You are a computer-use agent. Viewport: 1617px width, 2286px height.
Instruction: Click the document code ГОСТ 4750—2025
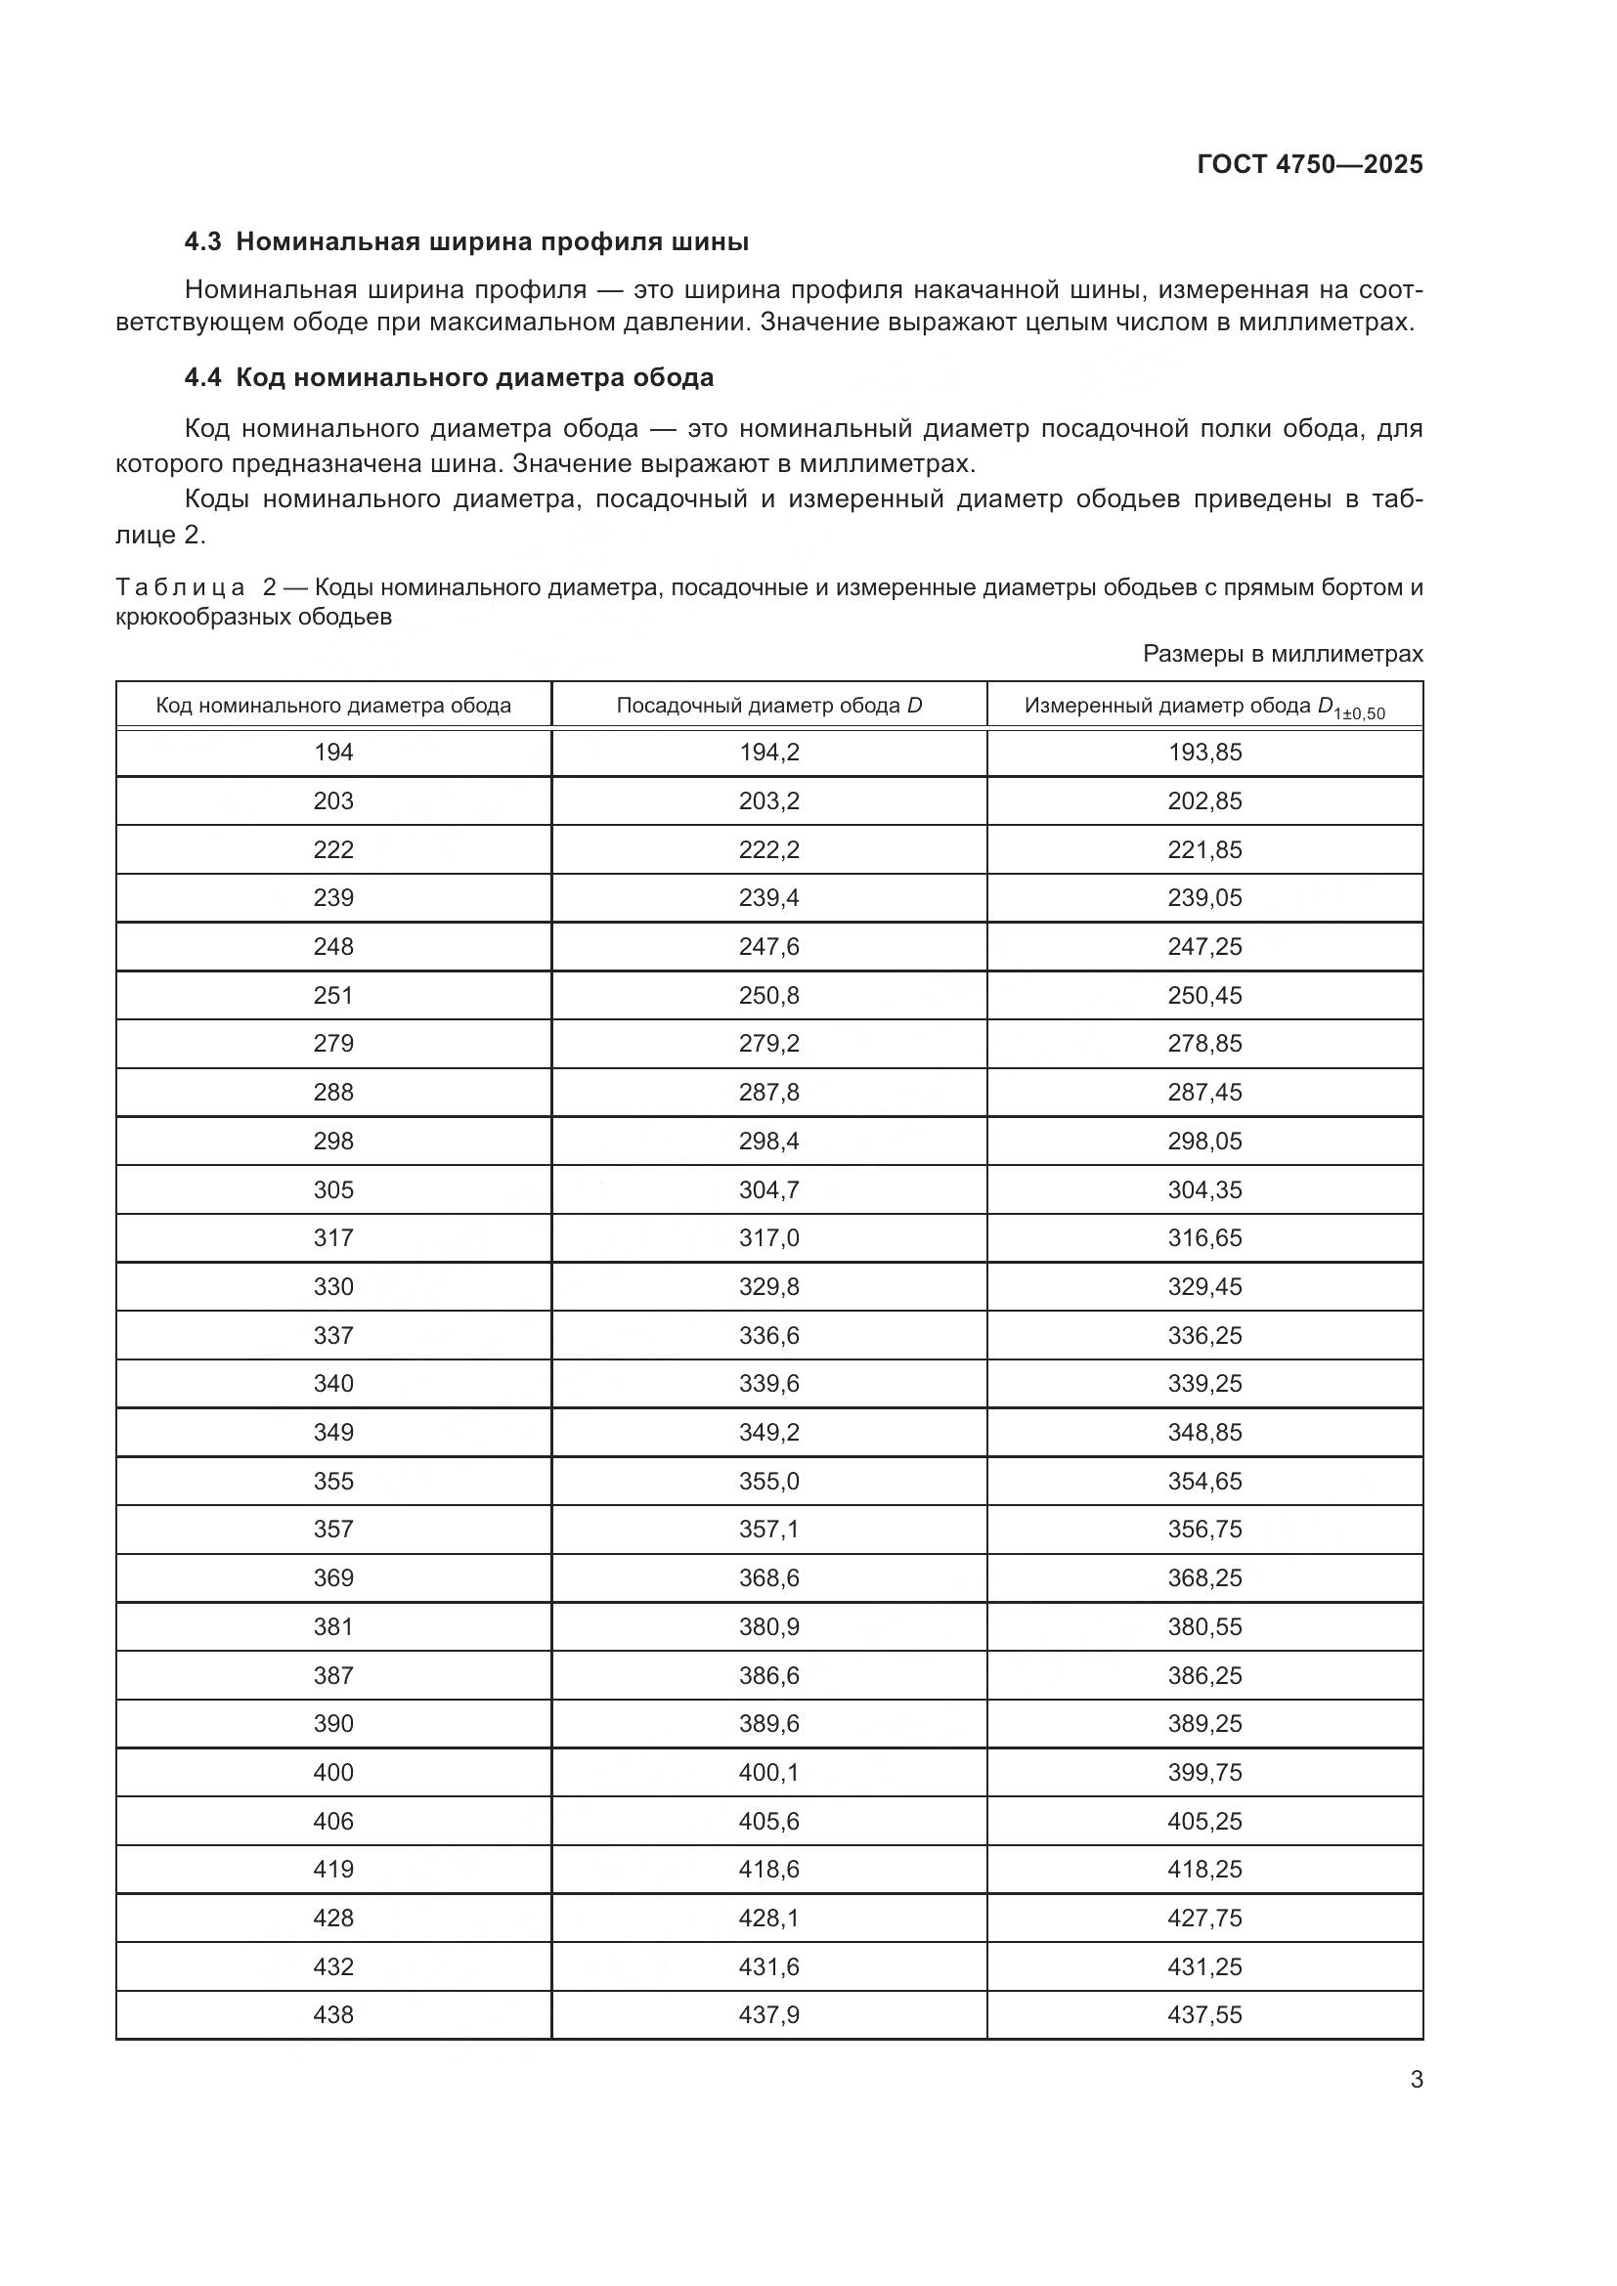point(1309,164)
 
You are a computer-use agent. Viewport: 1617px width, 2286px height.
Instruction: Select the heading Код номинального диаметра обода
point(475,378)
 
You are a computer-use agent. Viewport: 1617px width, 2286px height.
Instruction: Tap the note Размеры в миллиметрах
point(1283,654)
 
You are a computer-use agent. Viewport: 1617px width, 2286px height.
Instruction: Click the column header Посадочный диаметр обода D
point(768,706)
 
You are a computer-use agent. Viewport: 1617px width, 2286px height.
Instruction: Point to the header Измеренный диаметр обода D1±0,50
point(1203,707)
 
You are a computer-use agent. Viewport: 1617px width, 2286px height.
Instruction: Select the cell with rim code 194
point(333,753)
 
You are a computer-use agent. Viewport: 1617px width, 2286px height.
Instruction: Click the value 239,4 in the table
point(768,898)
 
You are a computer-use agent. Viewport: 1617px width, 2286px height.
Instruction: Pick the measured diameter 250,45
point(1204,996)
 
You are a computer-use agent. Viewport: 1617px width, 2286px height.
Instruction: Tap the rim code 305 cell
point(333,1189)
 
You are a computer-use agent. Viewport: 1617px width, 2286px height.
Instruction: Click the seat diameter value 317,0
point(768,1237)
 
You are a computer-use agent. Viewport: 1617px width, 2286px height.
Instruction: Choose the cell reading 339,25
point(1204,1383)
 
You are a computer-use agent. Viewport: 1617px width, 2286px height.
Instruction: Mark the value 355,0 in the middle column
point(768,1481)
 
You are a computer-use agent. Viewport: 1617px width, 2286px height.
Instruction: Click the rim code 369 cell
point(333,1577)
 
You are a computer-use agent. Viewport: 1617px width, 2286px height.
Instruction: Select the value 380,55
point(1204,1626)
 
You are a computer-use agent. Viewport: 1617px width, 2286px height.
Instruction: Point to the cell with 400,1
point(768,1772)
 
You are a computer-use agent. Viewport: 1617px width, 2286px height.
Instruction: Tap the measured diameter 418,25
point(1204,1869)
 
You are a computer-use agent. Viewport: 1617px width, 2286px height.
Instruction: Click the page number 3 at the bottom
point(1416,2080)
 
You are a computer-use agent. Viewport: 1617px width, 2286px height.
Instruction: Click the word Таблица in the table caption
point(180,587)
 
